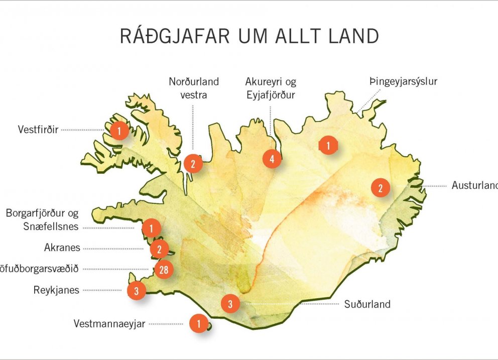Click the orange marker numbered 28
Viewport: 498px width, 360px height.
coord(163,270)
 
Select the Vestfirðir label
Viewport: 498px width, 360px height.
coord(38,130)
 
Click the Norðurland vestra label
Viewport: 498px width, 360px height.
coord(194,87)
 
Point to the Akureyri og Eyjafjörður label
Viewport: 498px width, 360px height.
coord(271,87)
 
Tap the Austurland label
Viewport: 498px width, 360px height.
coord(474,185)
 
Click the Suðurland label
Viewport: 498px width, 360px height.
coord(367,304)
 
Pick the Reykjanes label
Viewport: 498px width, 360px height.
coord(56,290)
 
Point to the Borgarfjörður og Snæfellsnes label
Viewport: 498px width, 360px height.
coord(43,220)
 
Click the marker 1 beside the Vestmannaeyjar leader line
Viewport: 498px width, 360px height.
coord(199,324)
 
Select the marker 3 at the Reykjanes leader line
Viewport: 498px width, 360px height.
coord(136,290)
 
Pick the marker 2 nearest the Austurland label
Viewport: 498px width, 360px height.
coord(380,188)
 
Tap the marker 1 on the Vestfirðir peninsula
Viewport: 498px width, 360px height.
coord(119,131)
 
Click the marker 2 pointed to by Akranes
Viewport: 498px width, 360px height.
coord(159,249)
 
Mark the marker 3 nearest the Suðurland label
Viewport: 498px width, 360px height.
coord(230,304)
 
